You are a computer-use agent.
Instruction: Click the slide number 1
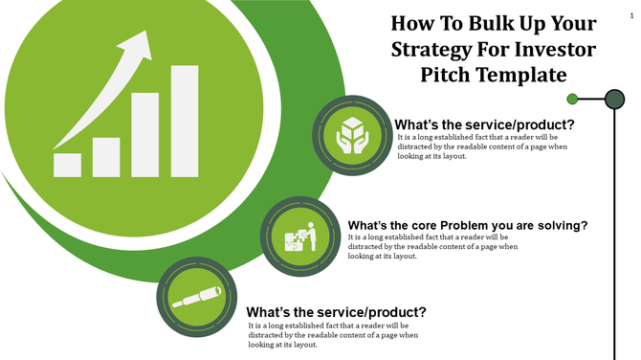click(631, 8)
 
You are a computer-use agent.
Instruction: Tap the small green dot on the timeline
click(572, 98)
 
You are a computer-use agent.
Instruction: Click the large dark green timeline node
click(614, 98)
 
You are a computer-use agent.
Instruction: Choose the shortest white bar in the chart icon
click(67, 165)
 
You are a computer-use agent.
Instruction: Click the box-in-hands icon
click(352, 135)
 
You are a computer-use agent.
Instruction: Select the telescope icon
click(196, 297)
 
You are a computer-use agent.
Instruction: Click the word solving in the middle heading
click(554, 226)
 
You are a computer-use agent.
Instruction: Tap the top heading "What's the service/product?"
click(485, 124)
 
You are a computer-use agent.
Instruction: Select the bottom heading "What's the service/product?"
click(337, 312)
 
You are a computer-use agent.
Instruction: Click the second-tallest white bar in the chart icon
click(145, 134)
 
